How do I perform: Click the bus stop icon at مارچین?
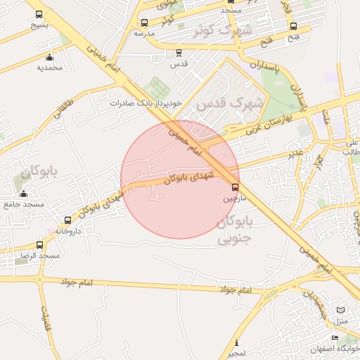[x=235, y=187]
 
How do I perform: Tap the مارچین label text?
[x=235, y=199]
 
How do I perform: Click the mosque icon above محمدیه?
[x=49, y=58]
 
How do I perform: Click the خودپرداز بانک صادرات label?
[x=146, y=103]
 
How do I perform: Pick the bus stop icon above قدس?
[x=179, y=52]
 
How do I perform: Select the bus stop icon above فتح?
[x=293, y=26]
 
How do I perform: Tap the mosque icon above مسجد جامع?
[x=24, y=194]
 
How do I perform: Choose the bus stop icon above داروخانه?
[x=67, y=220]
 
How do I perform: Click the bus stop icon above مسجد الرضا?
[x=39, y=245]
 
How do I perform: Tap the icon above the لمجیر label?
[x=236, y=342]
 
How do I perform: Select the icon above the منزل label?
[x=341, y=310]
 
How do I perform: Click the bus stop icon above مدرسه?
[x=144, y=23]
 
